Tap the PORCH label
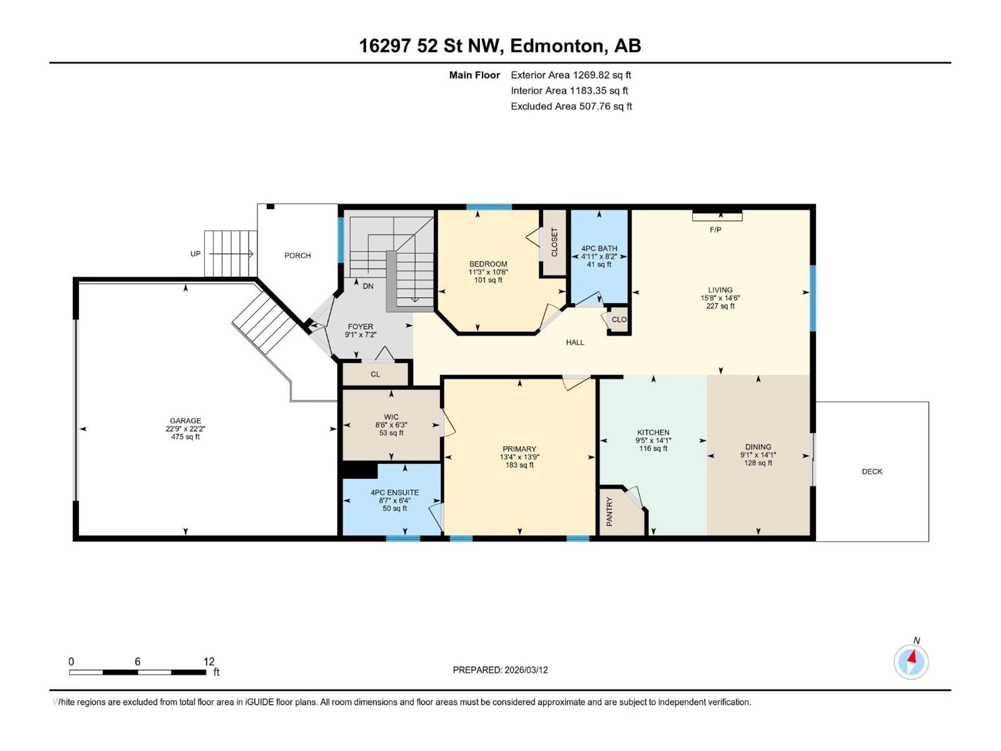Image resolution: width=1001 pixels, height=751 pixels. click(297, 255)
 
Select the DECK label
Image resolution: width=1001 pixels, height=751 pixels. click(872, 471)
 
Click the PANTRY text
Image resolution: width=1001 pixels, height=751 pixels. click(609, 512)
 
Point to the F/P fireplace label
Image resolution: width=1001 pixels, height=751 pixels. click(715, 230)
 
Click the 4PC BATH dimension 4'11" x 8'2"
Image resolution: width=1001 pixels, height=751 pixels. click(599, 256)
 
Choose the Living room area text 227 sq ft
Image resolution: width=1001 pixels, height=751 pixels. click(720, 306)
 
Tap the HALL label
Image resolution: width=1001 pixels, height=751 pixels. click(575, 342)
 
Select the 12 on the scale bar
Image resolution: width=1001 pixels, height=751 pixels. click(209, 661)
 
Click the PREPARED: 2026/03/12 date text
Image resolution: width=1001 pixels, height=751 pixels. click(500, 670)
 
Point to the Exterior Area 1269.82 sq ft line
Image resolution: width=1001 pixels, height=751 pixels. click(571, 75)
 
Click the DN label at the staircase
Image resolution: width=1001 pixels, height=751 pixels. click(368, 286)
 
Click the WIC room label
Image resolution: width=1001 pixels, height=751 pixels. click(391, 417)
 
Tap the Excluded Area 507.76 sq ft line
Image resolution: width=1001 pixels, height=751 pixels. click(571, 106)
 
